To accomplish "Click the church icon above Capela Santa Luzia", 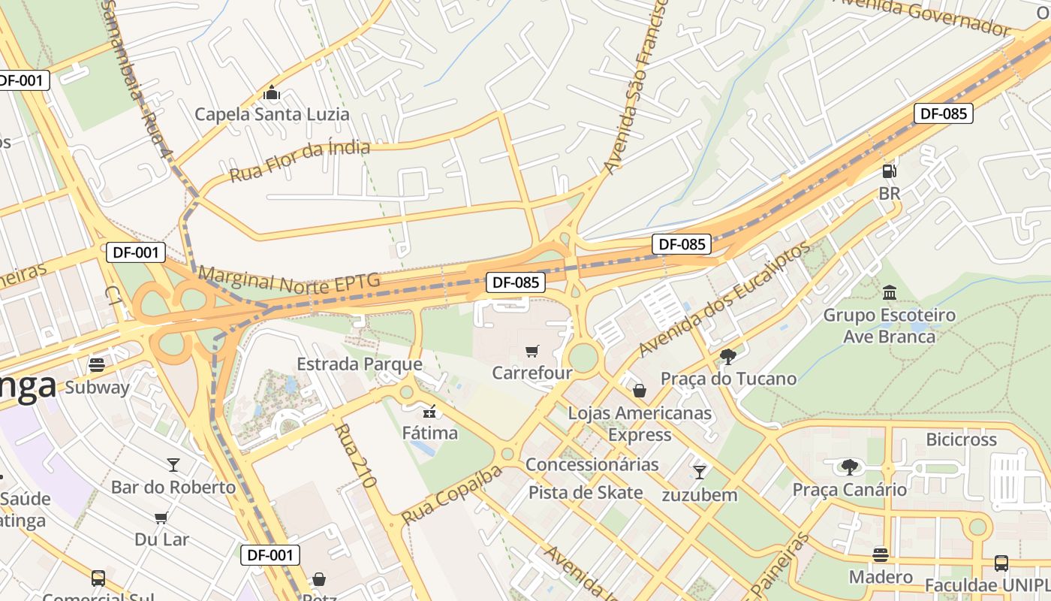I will [x=272, y=94].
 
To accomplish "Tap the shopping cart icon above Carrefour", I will [x=532, y=351].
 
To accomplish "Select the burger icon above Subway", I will [x=96, y=365].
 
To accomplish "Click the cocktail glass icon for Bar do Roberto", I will [x=173, y=464].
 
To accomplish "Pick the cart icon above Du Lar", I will [x=161, y=517].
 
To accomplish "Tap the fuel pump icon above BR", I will [x=889, y=171].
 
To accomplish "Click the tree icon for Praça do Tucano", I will [x=727, y=356].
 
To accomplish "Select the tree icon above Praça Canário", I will [x=849, y=467].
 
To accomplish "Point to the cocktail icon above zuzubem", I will [x=699, y=472].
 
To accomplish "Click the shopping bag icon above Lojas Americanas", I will [x=640, y=391].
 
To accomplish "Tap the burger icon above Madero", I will [x=881, y=554].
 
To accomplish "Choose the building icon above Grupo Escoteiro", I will [x=890, y=291].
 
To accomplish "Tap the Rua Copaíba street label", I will [x=451, y=495].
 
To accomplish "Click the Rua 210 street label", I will [x=355, y=455].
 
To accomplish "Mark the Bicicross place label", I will [x=961, y=439].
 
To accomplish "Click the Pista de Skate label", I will [x=586, y=493].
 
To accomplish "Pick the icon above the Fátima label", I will [x=429, y=411].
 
